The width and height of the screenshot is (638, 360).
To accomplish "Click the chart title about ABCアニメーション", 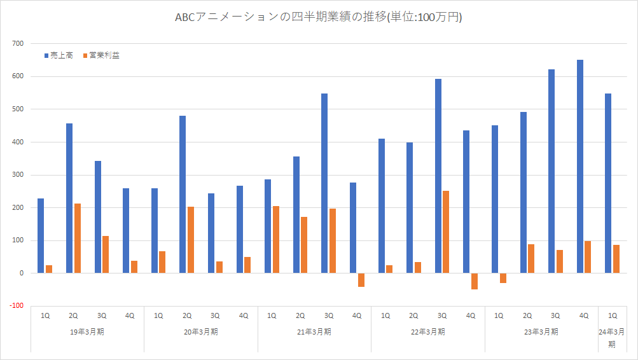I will pyautogui.click(x=318, y=17).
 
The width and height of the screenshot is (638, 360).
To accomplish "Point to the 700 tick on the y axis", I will pyautogui.click(x=17, y=44).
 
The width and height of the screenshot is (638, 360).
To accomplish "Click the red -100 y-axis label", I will pyautogui.click(x=16, y=306).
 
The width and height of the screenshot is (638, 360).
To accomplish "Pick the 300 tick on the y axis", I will pyautogui.click(x=17, y=175).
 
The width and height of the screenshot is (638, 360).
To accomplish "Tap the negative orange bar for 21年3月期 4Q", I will pyautogui.click(x=361, y=280).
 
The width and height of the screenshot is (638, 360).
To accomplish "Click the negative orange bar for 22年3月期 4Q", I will pyautogui.click(x=474, y=281).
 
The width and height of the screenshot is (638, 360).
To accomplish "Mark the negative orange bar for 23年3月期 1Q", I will pyautogui.click(x=503, y=278).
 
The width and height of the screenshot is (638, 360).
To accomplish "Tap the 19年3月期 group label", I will pyautogui.click(x=87, y=331).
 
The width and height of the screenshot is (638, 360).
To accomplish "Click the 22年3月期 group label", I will pyautogui.click(x=427, y=331).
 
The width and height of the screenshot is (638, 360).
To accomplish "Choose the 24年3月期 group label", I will pyautogui.click(x=612, y=337).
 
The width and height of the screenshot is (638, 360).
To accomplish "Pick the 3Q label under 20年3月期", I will pyautogui.click(x=215, y=315).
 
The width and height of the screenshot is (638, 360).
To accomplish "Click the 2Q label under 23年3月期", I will pyautogui.click(x=527, y=315).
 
